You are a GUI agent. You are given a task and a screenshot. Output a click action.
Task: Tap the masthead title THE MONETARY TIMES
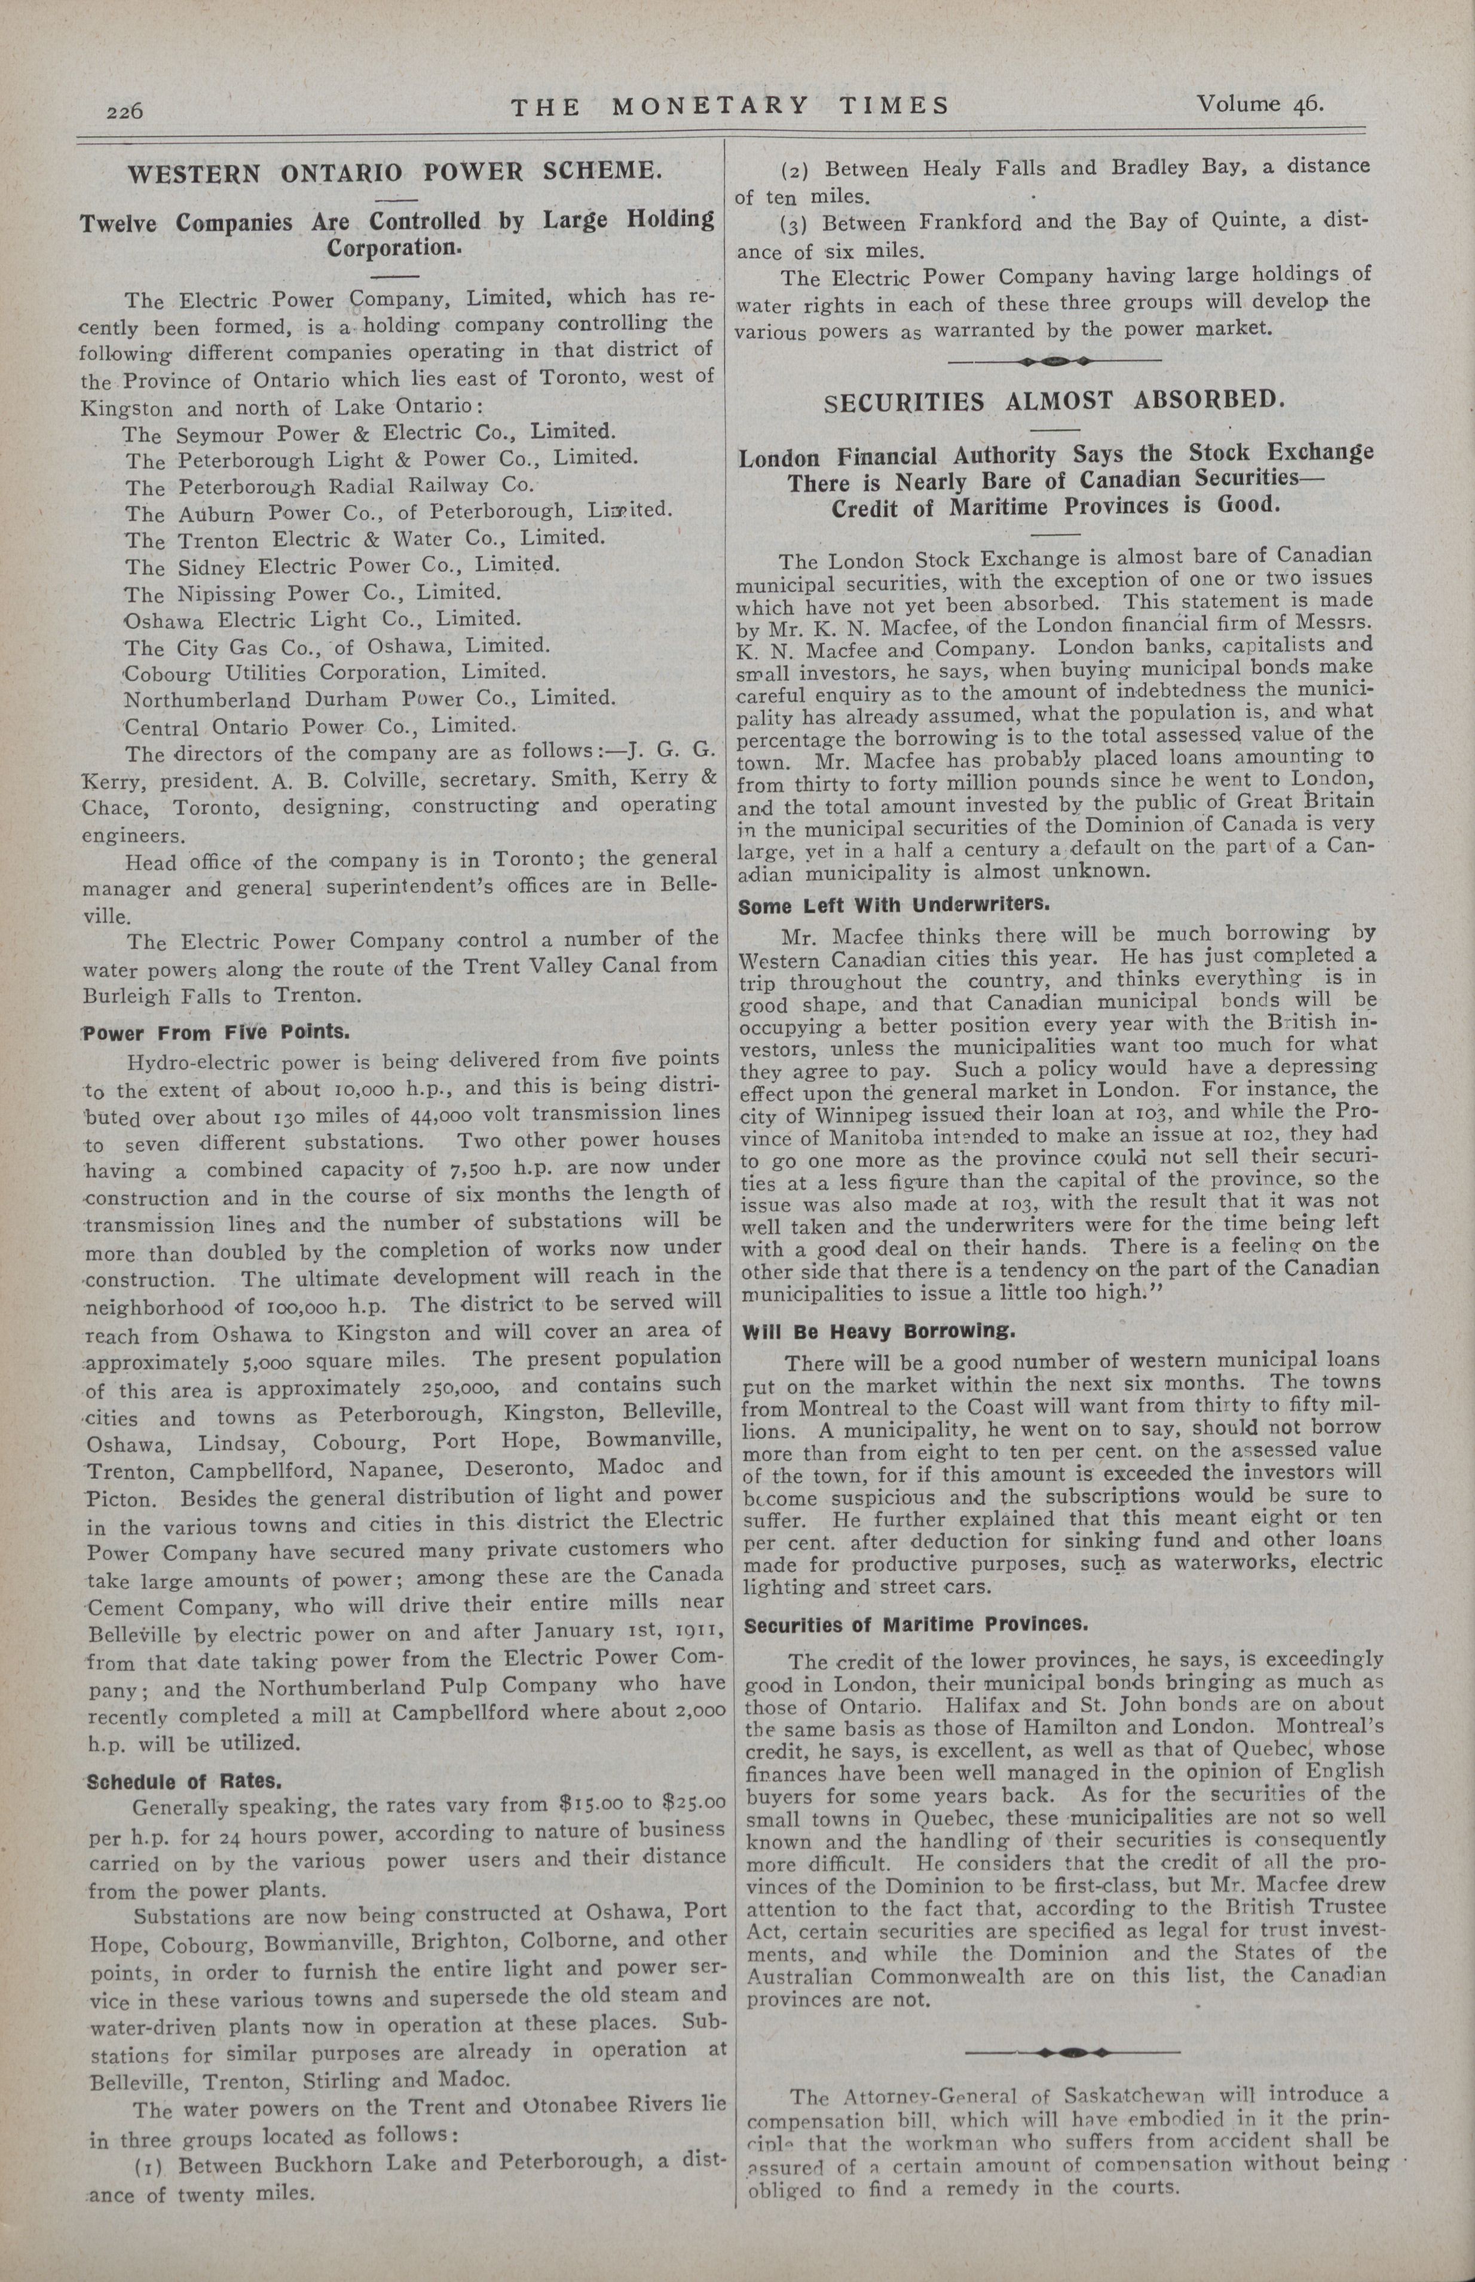pos(730,105)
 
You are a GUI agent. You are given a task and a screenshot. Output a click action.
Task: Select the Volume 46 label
pos(1257,103)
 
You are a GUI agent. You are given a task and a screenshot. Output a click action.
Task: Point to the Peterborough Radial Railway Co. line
pos(329,485)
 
